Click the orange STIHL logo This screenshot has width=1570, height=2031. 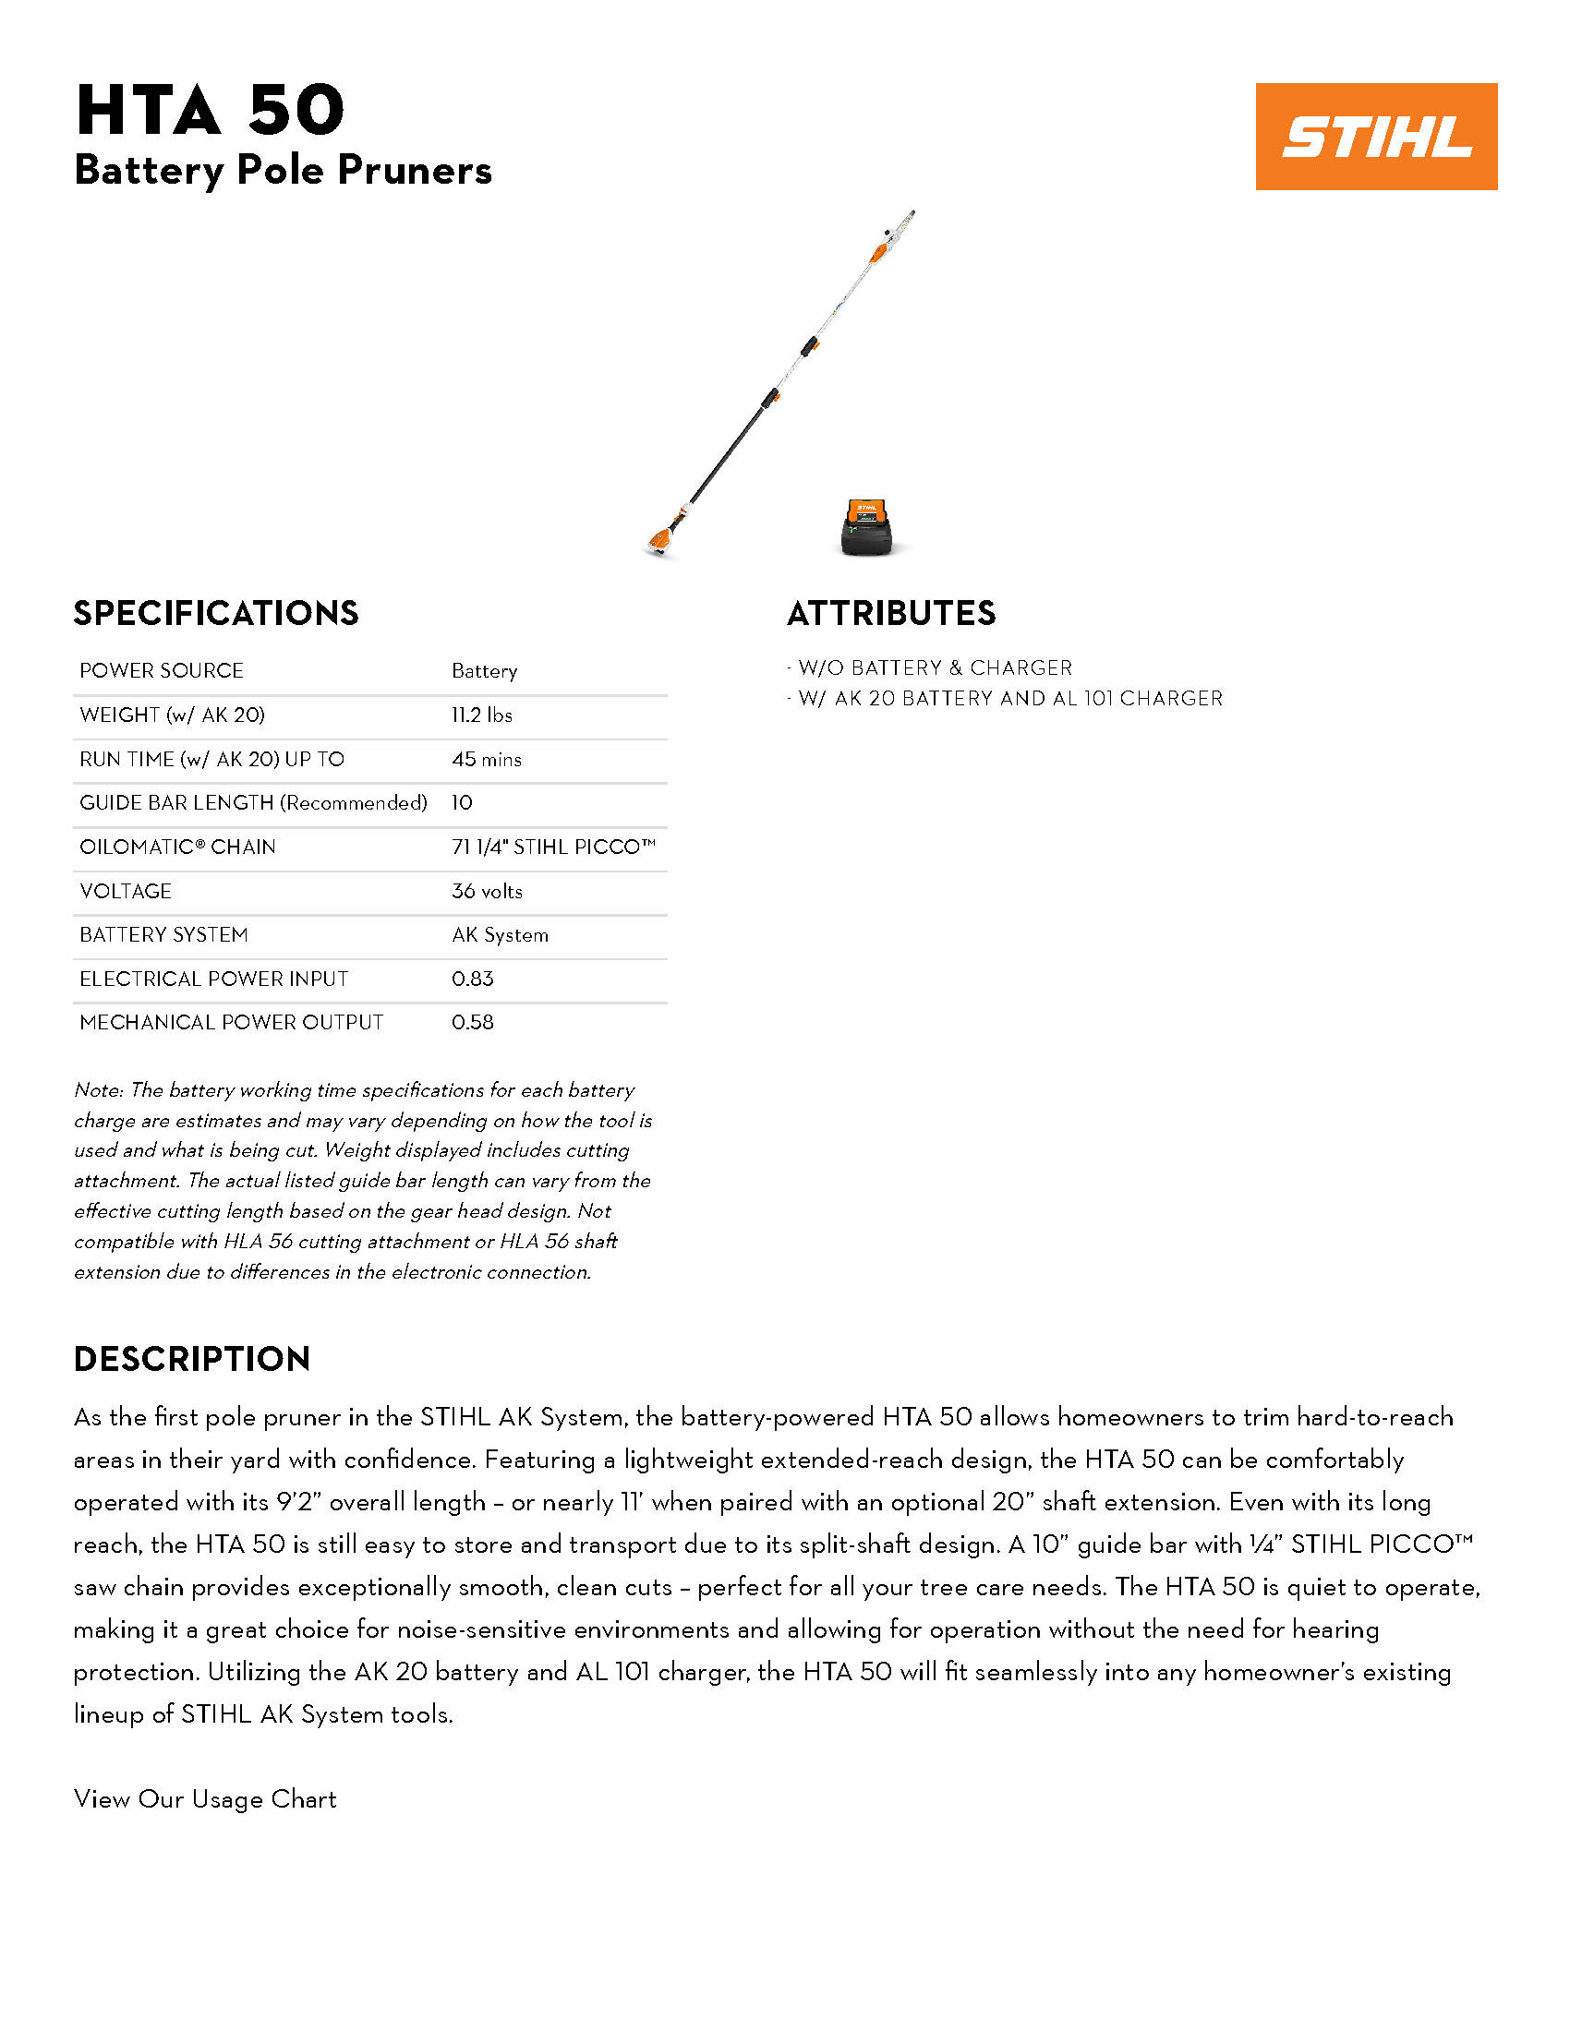point(1376,137)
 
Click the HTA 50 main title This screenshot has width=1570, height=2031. point(211,111)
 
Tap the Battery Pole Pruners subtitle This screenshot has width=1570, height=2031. point(283,170)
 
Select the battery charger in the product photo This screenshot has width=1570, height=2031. point(866,528)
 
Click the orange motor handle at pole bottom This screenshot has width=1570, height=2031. point(661,540)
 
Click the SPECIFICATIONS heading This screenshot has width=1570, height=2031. point(216,614)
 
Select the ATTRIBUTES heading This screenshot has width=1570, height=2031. point(891,614)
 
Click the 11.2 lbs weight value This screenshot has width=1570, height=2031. point(482,715)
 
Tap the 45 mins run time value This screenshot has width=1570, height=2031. point(487,759)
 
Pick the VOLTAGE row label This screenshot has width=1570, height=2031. point(126,891)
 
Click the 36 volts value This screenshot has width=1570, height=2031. point(487,891)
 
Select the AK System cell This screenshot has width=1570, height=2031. point(501,934)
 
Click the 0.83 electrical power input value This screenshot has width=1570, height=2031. point(473,979)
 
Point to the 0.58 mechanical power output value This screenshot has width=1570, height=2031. point(473,1022)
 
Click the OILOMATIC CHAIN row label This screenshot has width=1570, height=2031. point(177,847)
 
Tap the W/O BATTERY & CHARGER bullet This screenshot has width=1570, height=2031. point(934,667)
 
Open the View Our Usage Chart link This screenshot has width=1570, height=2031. point(205,1798)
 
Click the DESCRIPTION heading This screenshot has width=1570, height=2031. point(191,1360)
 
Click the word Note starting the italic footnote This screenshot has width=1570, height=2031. point(98,1090)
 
